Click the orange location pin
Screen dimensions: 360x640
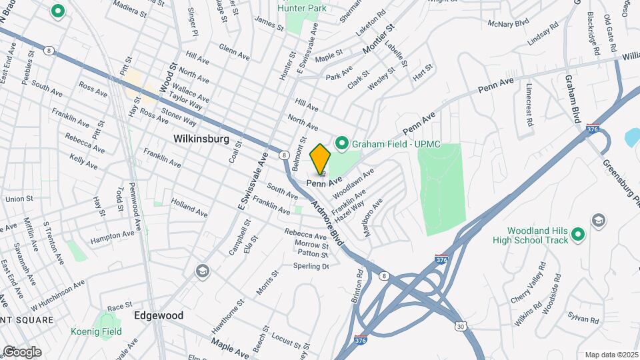coord(321,159)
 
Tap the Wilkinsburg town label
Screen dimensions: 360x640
coord(201,139)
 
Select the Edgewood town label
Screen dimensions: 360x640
coord(159,315)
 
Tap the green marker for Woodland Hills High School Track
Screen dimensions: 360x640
coord(578,234)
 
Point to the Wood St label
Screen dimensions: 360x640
coord(166,79)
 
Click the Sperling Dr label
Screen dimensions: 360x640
coord(311,266)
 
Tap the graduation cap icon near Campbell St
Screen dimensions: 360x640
coord(201,271)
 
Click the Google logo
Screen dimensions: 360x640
coord(21,351)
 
